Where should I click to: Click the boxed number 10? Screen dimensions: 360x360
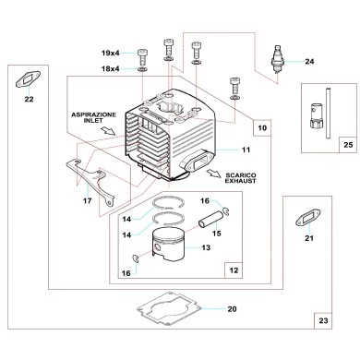[x=263, y=127]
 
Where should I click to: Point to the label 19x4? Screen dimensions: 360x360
[x=111, y=53]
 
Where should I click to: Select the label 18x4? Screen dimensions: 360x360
[x=111, y=69]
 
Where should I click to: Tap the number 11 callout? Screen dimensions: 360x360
[x=246, y=150]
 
